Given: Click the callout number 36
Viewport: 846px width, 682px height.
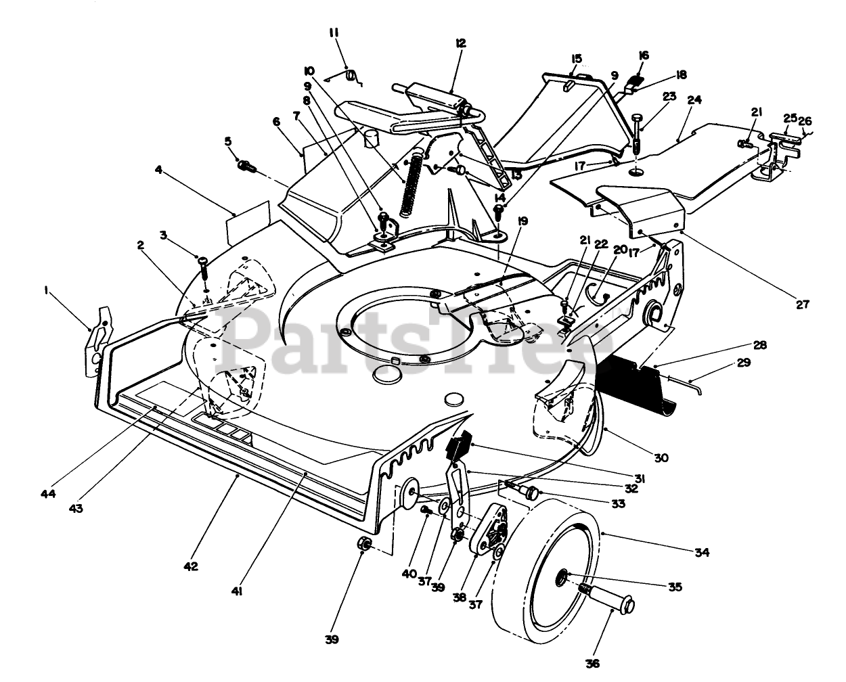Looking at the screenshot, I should [593, 663].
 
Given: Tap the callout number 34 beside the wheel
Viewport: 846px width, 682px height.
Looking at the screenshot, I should [702, 553].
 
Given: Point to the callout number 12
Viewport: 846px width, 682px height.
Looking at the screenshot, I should [461, 43].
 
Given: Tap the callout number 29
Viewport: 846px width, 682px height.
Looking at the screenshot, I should [743, 363].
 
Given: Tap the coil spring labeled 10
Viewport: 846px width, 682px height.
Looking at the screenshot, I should [410, 186].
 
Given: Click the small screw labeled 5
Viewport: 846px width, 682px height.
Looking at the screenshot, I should [246, 164].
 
